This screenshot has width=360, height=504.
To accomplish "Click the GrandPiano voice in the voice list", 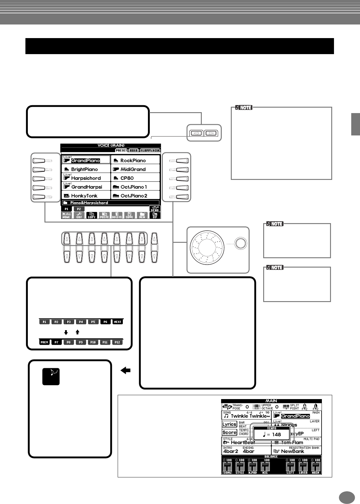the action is click(x=86, y=161).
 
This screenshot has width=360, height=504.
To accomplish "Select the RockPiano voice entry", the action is click(x=133, y=161).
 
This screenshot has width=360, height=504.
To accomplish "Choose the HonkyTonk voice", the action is click(x=84, y=196).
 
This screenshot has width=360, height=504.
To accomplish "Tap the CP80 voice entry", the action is click(x=127, y=178).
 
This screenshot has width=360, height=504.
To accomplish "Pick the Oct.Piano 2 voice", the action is click(x=134, y=196).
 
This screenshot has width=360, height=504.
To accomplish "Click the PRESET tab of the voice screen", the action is click(x=121, y=150).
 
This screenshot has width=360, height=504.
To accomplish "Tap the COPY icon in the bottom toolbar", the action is click(x=92, y=215).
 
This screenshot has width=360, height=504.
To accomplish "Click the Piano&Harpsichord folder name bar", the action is click(x=89, y=203).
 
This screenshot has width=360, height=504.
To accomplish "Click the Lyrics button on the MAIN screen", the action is click(x=229, y=424).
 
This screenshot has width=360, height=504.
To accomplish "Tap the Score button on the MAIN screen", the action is click(x=229, y=432).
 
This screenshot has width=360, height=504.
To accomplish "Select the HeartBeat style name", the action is click(x=243, y=442).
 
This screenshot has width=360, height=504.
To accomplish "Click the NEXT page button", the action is click(x=118, y=322).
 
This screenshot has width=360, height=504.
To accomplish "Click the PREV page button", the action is click(x=44, y=342).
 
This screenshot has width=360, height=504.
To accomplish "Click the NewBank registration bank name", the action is click(x=293, y=451).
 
